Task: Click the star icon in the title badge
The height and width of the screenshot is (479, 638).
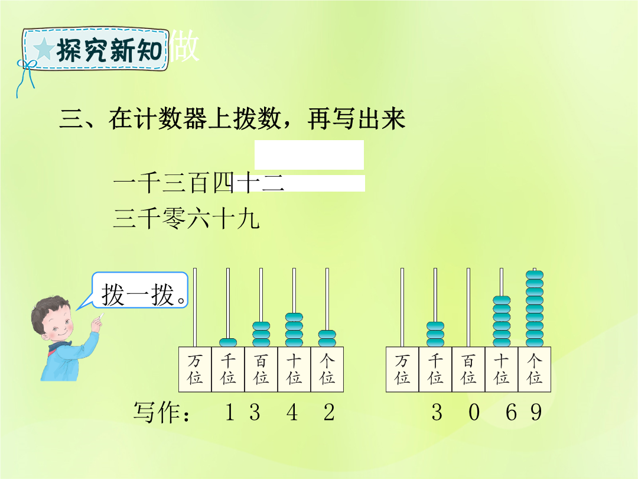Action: point(44,49)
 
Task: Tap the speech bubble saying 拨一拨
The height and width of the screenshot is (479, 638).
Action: point(140,290)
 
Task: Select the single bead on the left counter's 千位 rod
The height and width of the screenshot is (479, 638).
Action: point(228,342)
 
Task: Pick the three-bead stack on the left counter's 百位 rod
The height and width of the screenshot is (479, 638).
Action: point(261,334)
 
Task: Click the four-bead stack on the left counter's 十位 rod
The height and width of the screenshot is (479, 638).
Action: point(294,330)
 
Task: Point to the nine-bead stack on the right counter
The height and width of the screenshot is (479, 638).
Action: point(534,308)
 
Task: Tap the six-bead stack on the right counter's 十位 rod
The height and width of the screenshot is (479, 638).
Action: point(502,321)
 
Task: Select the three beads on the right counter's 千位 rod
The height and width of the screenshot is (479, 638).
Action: point(435,334)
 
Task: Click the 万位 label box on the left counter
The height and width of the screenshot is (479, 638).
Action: point(195,370)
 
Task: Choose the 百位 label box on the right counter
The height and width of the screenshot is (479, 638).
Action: point(468,370)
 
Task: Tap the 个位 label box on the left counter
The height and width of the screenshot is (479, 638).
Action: point(327,370)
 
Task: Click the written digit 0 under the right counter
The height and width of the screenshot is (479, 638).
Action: point(474,412)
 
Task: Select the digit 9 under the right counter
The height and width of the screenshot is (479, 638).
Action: point(536,412)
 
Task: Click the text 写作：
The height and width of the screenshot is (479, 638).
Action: point(161,412)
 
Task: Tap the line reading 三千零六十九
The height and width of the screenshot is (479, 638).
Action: point(186,218)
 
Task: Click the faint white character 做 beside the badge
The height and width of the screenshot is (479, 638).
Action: point(184,46)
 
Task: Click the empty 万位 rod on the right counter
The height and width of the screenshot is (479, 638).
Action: point(402,308)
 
